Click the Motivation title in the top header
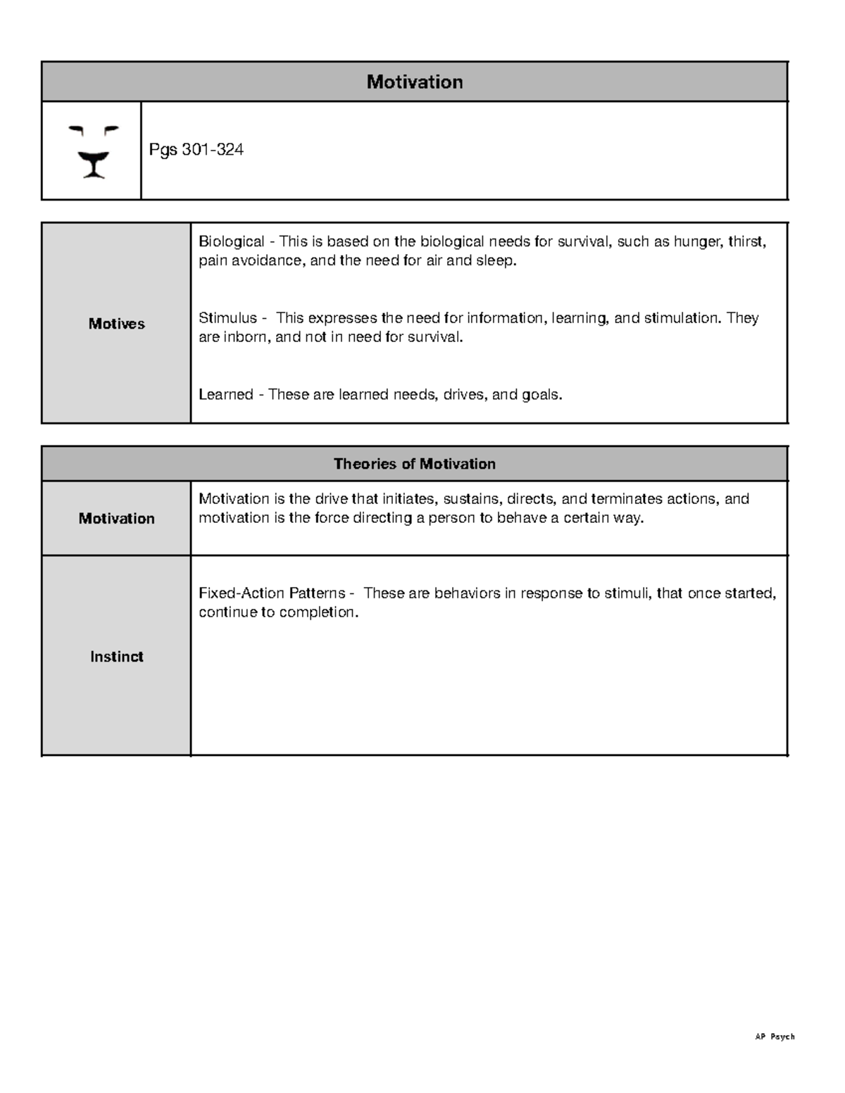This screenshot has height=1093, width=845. coord(414,82)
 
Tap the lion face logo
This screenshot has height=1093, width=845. coord(93,151)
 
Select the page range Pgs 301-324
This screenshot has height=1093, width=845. coord(196,150)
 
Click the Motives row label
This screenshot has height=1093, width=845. coord(116,324)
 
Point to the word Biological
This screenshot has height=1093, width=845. coord(231,242)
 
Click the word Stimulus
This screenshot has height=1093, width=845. coord(227,318)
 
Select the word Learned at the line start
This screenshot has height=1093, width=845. coord(225,395)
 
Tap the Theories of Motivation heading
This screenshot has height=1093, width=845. coord(414,464)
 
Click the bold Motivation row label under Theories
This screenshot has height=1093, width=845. coord(116,519)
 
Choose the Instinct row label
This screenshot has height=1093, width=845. coord(116,657)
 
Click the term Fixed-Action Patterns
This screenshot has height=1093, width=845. coord(272,593)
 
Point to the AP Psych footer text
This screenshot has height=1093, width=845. coord(775,1037)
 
